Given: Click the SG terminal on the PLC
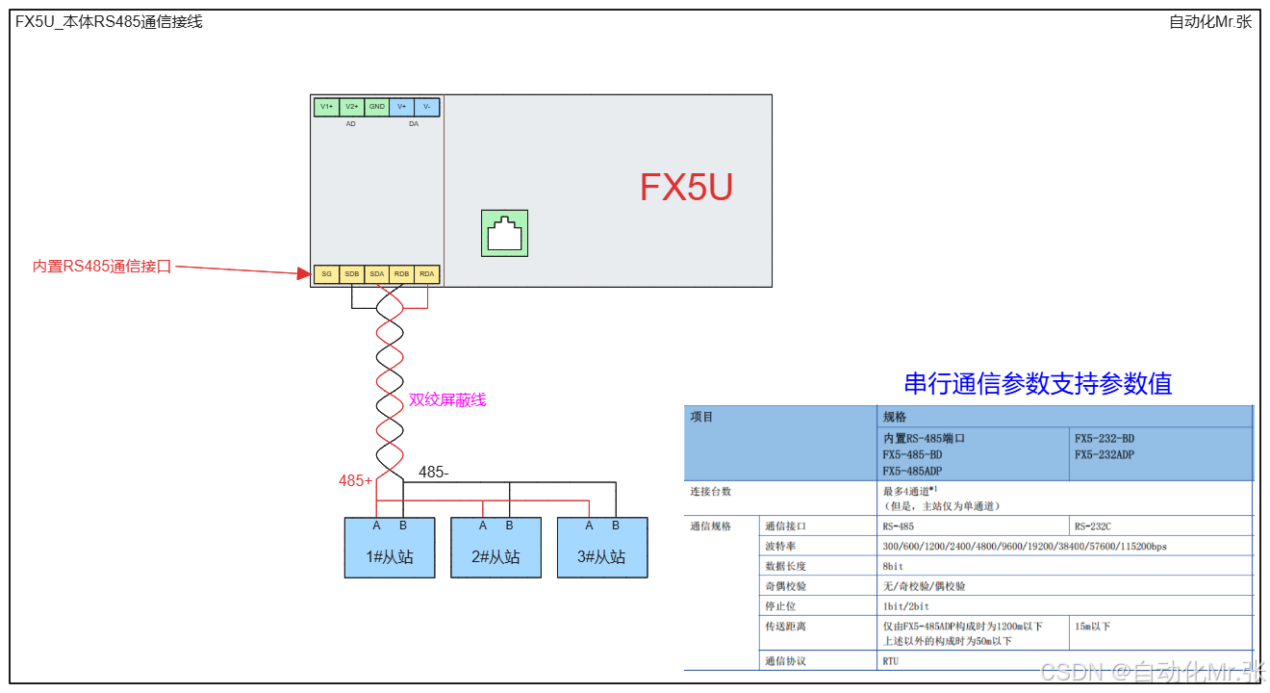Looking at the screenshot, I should coord(327,274).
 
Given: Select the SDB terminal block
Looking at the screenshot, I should coord(352,274).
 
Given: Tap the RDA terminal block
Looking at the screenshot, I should coord(427,274).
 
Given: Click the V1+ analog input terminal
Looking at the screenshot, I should coord(327,107).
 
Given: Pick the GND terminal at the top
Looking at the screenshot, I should coord(377,107).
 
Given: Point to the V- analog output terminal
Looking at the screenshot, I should coord(427,107).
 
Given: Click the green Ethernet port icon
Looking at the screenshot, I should coord(504,234).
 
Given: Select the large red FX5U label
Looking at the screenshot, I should coord(686,188).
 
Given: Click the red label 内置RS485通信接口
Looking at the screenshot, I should coord(102,267).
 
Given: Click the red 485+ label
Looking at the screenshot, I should coord(355,480).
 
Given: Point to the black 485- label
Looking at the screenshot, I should coord(433,473).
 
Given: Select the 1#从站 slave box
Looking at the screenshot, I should coord(390,548).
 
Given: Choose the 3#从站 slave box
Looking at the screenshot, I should coord(602,548).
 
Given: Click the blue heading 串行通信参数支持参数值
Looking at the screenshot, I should coord(1037,383).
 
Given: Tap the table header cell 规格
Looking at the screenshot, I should coord(895,417).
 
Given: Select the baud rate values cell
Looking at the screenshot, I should coord(1024,546).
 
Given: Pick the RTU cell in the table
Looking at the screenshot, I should coord(891,661).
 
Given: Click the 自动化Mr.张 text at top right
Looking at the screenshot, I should coord(1209,22).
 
